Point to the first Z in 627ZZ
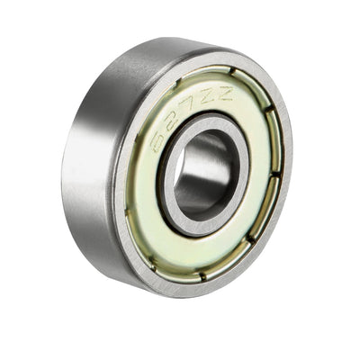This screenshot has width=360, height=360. point(211,95)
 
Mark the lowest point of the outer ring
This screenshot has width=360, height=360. point(184,301)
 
